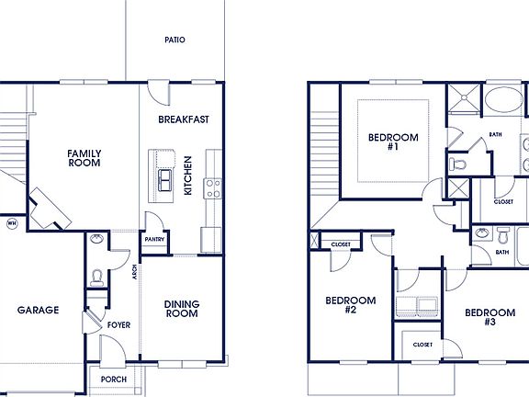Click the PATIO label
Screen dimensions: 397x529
click(x=174, y=40)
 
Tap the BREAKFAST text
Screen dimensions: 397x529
click(x=184, y=119)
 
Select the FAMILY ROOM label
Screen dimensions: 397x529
click(x=84, y=158)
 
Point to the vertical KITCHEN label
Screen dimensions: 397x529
click(x=187, y=175)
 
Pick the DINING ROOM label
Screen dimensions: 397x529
click(x=181, y=309)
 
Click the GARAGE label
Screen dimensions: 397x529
click(x=39, y=310)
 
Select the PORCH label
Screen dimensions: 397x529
click(x=114, y=379)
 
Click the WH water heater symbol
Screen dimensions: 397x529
click(x=12, y=222)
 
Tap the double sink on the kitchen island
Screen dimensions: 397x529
click(x=165, y=180)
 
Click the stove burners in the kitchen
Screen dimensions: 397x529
click(x=213, y=188)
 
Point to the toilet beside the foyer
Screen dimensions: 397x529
click(x=98, y=274)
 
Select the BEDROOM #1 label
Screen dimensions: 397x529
click(x=392, y=142)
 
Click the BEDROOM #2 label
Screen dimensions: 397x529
click(x=350, y=305)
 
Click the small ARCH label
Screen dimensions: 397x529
click(x=134, y=272)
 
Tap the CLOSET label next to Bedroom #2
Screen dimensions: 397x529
click(x=341, y=244)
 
